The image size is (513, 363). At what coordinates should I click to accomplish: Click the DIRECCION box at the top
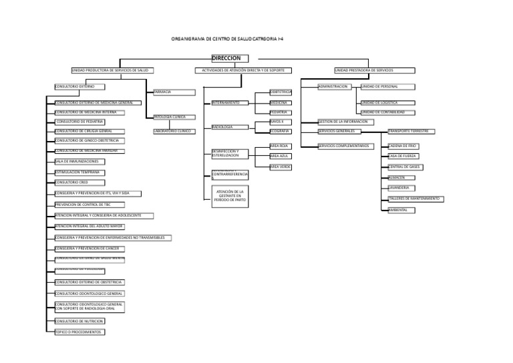coord(230,59)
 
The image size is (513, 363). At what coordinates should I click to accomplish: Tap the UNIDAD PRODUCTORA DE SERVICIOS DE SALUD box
coord(110,70)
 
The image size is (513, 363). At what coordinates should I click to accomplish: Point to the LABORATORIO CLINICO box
coord(174,131)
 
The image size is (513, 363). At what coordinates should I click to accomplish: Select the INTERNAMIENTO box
coord(230,103)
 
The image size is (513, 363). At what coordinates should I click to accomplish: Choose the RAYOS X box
coord(281,122)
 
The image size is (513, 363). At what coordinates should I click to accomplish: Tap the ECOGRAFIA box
coord(281,132)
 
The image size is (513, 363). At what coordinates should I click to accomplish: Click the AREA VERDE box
coord(281,166)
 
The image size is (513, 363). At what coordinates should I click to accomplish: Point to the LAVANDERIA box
coord(399,188)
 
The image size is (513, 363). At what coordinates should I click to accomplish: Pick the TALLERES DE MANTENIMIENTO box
coord(414,199)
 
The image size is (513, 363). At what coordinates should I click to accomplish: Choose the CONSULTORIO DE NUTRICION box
coord(79,322)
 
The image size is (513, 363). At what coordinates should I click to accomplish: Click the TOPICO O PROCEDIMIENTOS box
coord(79,332)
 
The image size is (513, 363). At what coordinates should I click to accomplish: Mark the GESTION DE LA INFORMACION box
coord(343,122)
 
